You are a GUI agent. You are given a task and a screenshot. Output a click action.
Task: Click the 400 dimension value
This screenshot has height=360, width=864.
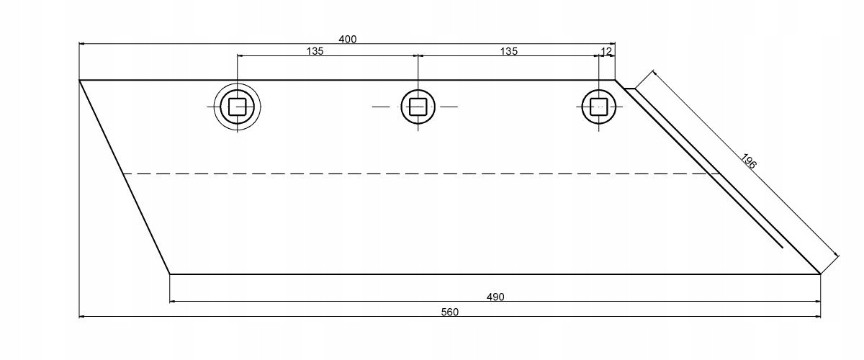click(347, 39)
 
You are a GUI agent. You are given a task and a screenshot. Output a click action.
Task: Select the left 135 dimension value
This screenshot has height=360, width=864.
click(315, 51)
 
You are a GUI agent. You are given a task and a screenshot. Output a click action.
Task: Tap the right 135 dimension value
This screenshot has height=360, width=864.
click(508, 51)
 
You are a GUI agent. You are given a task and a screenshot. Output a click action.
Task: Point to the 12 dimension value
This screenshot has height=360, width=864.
click(606, 51)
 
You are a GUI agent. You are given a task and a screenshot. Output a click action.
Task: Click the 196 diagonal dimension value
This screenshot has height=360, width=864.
click(747, 161)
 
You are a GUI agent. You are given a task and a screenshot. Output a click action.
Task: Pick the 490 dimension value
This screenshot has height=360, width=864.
click(495, 297)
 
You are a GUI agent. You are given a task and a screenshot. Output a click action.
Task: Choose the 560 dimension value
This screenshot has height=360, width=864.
click(451, 311)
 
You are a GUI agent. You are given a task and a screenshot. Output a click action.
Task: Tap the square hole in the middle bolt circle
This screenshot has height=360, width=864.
click(418, 107)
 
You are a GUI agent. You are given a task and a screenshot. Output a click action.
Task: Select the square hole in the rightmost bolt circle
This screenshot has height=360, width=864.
click(598, 107)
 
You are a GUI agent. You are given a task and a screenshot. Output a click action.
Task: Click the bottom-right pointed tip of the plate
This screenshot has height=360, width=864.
click(819, 274)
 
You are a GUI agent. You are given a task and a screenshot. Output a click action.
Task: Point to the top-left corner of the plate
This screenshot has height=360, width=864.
click(80, 80)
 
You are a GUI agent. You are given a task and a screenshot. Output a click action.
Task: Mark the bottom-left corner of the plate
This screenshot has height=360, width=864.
click(170, 274)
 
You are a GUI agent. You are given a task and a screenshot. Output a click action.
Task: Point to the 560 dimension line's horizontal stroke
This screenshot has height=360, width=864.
click(288, 316)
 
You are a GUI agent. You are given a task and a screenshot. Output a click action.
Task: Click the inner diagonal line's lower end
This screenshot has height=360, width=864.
click(781, 247)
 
